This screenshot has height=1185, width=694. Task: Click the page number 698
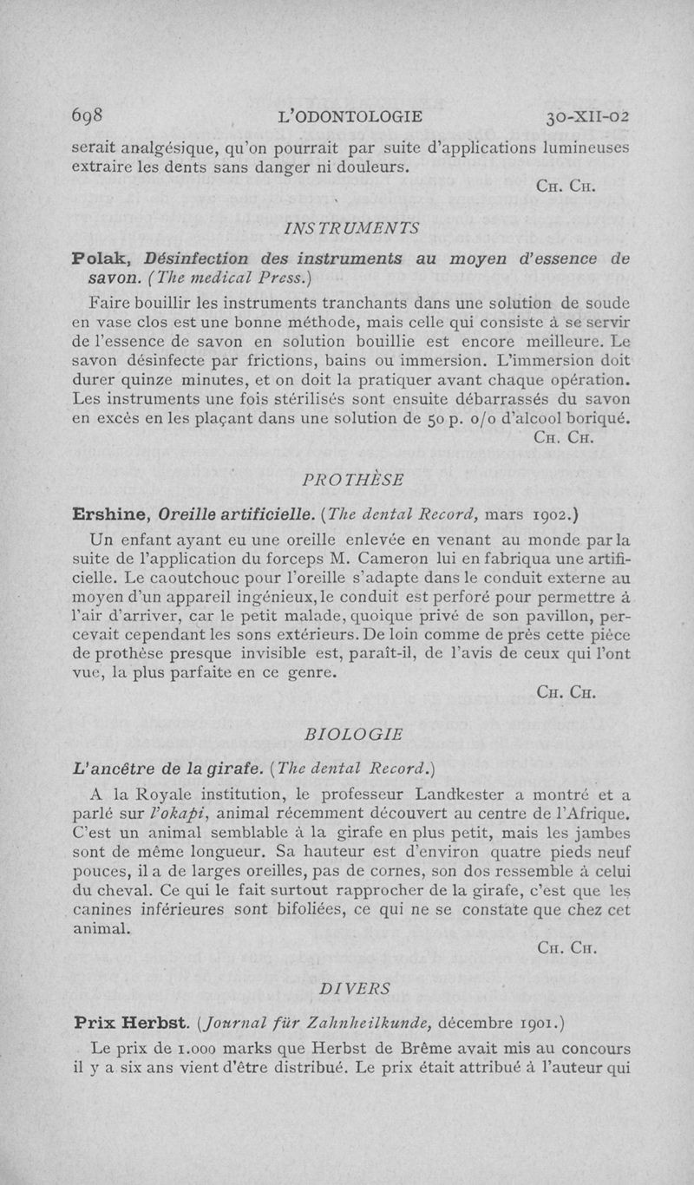click(88, 116)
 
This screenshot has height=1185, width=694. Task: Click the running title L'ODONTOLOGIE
click(347, 116)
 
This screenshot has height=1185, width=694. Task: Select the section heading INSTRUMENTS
click(352, 228)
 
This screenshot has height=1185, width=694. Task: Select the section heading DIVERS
click(355, 988)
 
